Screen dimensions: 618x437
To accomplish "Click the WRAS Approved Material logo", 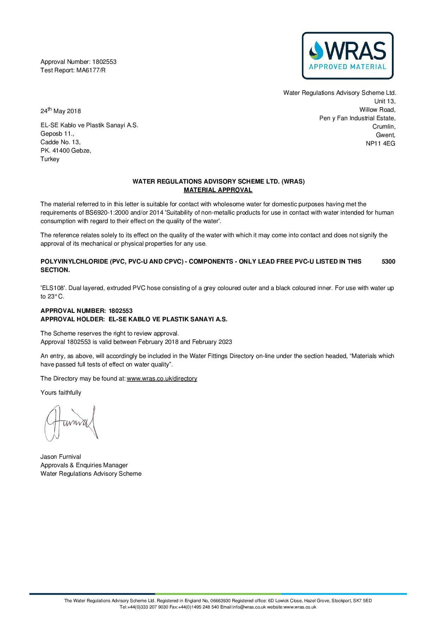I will click(347, 56).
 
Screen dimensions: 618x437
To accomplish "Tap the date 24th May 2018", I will click(61, 111).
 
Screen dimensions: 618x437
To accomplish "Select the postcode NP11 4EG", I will click(380, 143).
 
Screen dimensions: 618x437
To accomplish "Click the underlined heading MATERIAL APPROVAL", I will click(218, 190).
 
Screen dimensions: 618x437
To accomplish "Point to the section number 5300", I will click(388, 261).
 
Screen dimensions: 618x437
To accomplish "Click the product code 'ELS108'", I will click(53, 288).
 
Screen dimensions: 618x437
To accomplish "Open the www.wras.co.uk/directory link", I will click(162, 378).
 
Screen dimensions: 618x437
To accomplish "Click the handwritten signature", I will click(70, 423).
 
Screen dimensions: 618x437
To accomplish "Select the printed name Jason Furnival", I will click(61, 457).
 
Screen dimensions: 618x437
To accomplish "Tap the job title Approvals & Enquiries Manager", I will click(84, 465).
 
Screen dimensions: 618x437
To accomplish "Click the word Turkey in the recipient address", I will click(50, 159).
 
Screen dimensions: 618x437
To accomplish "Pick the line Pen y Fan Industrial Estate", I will click(357, 118).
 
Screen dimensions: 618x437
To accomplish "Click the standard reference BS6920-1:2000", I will click(107, 212).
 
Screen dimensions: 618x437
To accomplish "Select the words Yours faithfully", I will click(61, 393).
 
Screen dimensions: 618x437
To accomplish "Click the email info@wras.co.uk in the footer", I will click(249, 607).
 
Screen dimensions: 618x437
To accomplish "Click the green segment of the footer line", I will click(218, 594).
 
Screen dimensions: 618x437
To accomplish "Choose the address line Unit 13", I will click(384, 101).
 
